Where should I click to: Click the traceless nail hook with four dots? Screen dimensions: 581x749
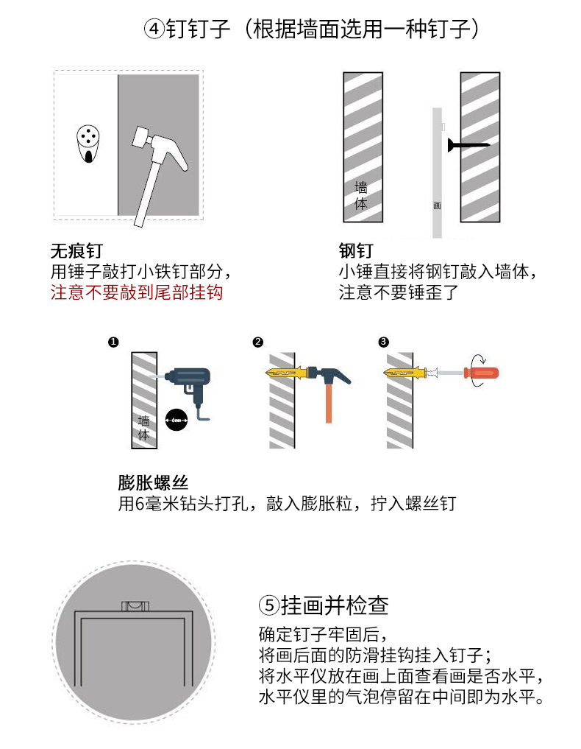pos(88,144)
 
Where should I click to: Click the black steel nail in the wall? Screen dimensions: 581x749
pos(468,144)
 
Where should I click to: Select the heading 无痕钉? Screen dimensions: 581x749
pos(76,251)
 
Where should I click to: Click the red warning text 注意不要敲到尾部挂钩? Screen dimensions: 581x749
pos(137,292)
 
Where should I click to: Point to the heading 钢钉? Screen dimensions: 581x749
pos(356,251)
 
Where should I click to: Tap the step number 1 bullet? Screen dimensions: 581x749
pos(113,342)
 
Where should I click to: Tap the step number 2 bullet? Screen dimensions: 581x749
pos(258,342)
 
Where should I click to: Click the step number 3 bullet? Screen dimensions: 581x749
pos(383,342)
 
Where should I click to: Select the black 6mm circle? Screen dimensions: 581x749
pos(176,420)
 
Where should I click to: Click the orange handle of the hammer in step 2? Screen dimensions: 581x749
pos(329,401)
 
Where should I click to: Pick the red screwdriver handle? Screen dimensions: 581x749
pos(482,373)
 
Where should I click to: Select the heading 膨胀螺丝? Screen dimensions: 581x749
pos(153,483)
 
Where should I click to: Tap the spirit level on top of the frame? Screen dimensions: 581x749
pos(135,606)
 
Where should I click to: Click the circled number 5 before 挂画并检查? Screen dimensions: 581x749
pos(269,605)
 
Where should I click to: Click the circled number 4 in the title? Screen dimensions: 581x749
pos(154,29)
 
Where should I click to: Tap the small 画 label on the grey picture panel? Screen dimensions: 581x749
pos(437,206)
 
